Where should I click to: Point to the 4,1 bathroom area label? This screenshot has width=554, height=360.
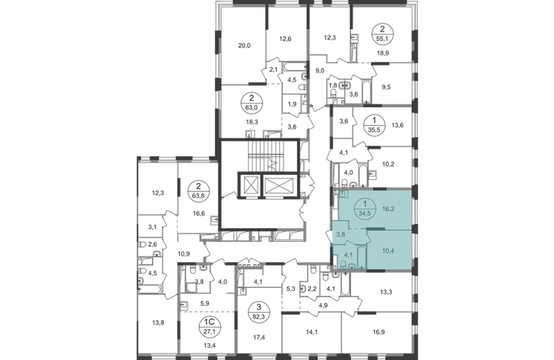pos(348,253)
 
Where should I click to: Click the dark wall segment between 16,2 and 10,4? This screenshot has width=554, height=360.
pos(373,229)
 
